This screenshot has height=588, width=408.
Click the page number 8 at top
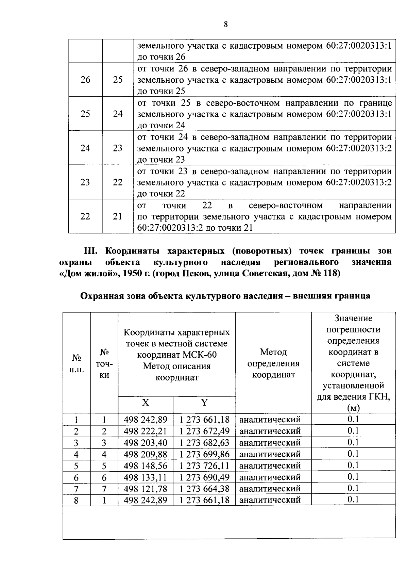click(x=225, y=24)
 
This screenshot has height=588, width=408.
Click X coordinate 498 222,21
click(x=145, y=431)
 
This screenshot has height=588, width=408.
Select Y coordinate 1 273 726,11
click(x=204, y=465)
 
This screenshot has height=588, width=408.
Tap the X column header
click(x=145, y=403)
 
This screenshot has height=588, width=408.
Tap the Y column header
click(x=204, y=403)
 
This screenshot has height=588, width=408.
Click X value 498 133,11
click(x=145, y=477)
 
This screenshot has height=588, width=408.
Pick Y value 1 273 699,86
click(x=204, y=454)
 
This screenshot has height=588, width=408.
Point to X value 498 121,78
click(x=145, y=489)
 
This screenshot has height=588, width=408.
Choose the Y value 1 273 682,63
click(x=204, y=443)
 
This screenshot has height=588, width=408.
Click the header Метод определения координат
click(x=273, y=363)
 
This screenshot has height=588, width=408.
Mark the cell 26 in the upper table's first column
click(x=85, y=80)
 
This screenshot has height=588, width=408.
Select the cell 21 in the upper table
click(x=118, y=216)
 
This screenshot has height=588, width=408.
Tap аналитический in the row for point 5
click(x=270, y=465)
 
